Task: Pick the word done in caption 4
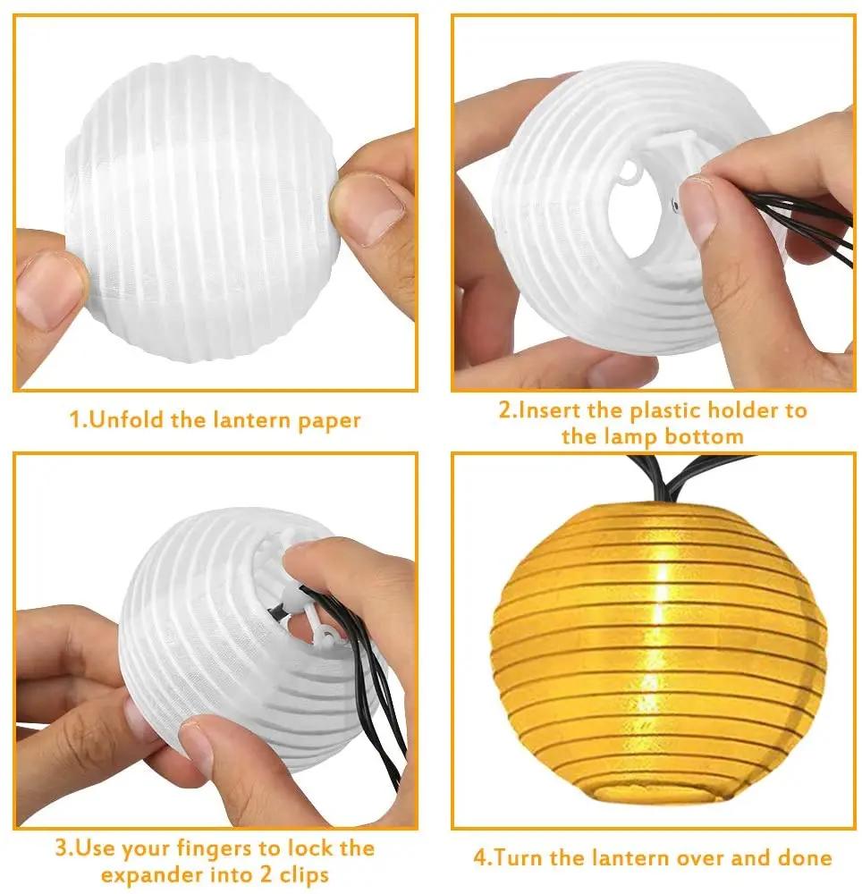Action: [802, 858]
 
